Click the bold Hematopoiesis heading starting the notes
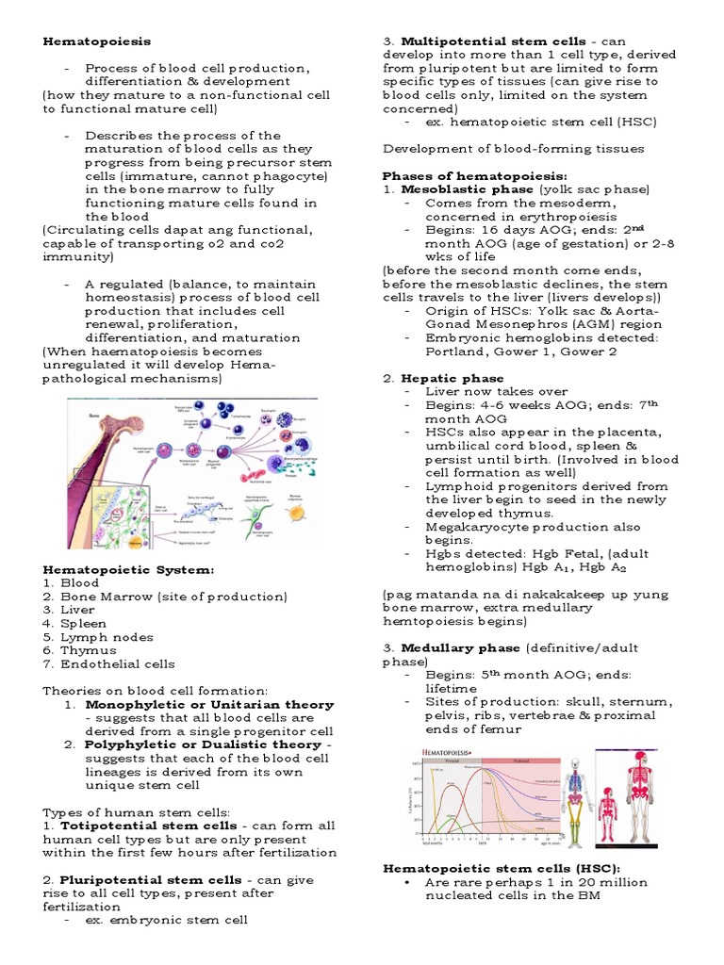click(x=96, y=41)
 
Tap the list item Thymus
click(x=89, y=650)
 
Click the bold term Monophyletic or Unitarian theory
click(x=209, y=704)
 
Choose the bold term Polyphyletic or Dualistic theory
click(x=203, y=744)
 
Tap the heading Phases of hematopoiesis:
click(x=474, y=176)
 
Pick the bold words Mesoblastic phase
click(x=453, y=189)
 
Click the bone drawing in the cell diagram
click(x=90, y=443)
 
